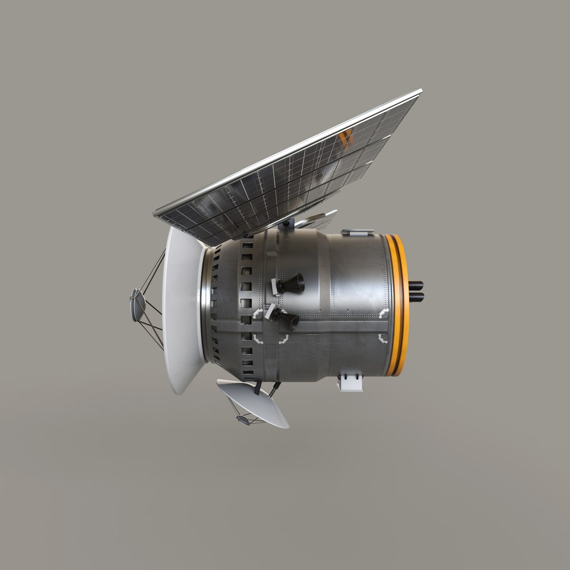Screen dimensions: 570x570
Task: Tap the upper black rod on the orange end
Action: [x=416, y=286]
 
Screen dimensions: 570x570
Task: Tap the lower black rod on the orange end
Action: [x=416, y=297]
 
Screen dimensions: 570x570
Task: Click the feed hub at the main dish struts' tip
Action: [x=138, y=305]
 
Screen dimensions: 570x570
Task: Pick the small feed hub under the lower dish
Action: [x=243, y=420]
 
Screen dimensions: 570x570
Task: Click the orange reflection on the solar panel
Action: [x=346, y=138]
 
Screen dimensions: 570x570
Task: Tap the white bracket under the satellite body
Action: [x=350, y=382]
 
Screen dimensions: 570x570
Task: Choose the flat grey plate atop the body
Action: [x=357, y=232]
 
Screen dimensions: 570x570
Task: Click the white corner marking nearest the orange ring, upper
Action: [x=384, y=313]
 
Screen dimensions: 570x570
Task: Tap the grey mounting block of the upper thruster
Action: [x=275, y=286]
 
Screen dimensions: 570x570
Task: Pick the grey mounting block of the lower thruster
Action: [x=270, y=311]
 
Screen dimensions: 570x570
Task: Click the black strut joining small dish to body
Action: [x=257, y=388]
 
